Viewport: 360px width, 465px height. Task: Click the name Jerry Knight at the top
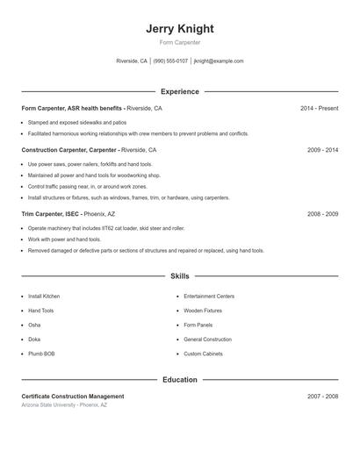(179, 28)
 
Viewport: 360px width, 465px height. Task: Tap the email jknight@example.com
(219, 61)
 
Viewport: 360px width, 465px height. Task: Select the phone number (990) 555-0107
(170, 61)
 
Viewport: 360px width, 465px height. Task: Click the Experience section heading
(179, 91)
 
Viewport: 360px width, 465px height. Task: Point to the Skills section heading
(179, 276)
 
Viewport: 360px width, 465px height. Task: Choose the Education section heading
(179, 380)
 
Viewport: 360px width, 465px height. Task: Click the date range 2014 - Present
(319, 108)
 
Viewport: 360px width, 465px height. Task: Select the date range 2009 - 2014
(322, 150)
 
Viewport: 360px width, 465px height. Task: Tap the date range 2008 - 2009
(322, 213)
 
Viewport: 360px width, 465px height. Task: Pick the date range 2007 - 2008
(322, 397)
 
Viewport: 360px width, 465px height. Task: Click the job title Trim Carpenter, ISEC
(51, 213)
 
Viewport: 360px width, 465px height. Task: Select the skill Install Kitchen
(44, 297)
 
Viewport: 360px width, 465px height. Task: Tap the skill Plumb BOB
(42, 354)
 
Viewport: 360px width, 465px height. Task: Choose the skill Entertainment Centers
(209, 297)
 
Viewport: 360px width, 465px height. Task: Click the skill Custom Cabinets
(204, 354)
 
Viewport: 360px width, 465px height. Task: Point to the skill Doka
(34, 340)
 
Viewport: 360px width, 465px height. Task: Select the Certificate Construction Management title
(73, 397)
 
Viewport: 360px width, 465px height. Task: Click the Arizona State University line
(64, 405)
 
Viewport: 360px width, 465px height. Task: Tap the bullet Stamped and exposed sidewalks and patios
(77, 123)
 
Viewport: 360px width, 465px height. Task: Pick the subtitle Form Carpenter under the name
(179, 42)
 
